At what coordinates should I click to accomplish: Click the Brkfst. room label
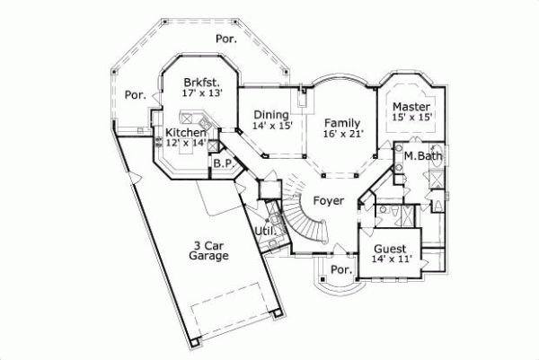[197, 79]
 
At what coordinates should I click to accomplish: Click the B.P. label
[222, 163]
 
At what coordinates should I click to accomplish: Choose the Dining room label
[269, 115]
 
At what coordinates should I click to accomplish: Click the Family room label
[342, 122]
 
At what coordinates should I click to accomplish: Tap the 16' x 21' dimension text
[342, 134]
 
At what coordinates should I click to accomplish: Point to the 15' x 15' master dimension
[412, 116]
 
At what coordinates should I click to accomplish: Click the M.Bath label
[420, 156]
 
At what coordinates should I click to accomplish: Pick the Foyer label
[328, 200]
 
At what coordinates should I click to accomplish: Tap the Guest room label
[391, 248]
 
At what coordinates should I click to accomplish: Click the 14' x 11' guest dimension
[391, 259]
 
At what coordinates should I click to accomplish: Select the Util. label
[264, 231]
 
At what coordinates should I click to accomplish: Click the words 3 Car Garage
[210, 250]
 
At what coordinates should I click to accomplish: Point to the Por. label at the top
[225, 39]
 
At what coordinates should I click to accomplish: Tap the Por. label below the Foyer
[340, 268]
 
